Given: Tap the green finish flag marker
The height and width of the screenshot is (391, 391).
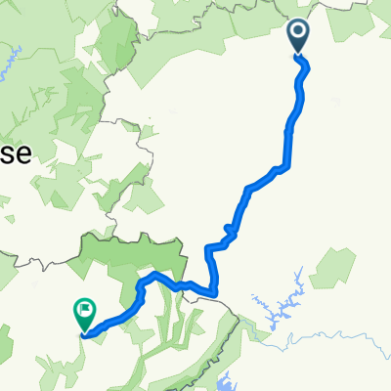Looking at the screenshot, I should click(x=84, y=314).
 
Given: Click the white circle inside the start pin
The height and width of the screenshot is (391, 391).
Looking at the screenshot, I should click(x=298, y=34).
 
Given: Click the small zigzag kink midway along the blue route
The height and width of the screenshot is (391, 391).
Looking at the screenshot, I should click(x=231, y=232).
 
